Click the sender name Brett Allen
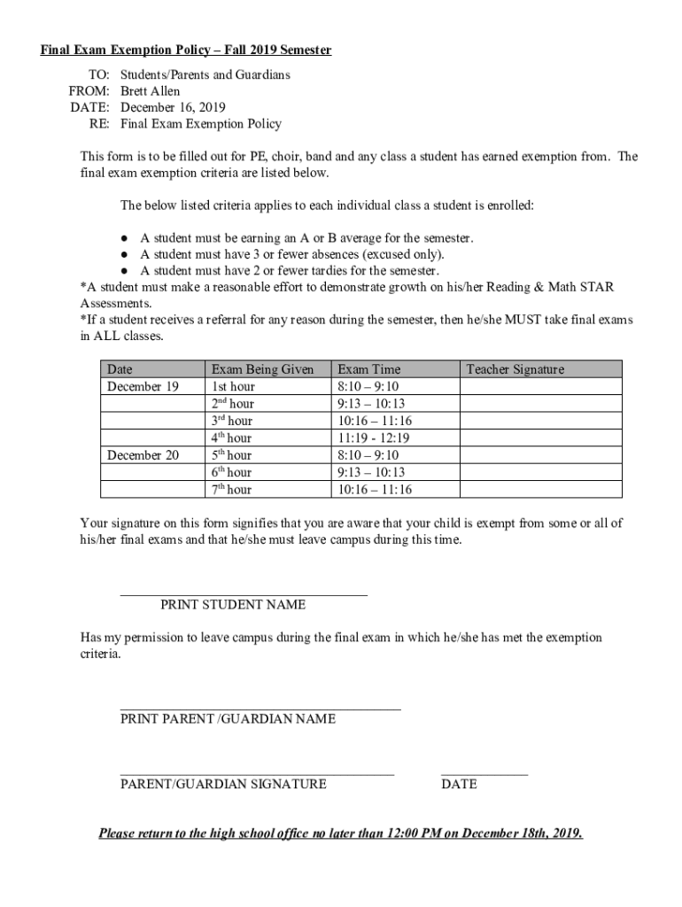[x=150, y=91]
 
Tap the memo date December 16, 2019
[x=167, y=108]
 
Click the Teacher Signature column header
[x=515, y=369]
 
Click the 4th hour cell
[x=231, y=438]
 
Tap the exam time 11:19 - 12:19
[x=374, y=438]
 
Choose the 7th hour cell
[x=231, y=490]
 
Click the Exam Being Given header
[x=262, y=369]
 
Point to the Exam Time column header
[x=369, y=369]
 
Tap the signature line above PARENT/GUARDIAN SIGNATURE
[x=257, y=774]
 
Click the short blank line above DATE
[x=484, y=774]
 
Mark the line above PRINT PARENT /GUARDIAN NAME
[x=260, y=709]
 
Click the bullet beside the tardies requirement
[x=126, y=271]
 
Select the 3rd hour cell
[x=231, y=422]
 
